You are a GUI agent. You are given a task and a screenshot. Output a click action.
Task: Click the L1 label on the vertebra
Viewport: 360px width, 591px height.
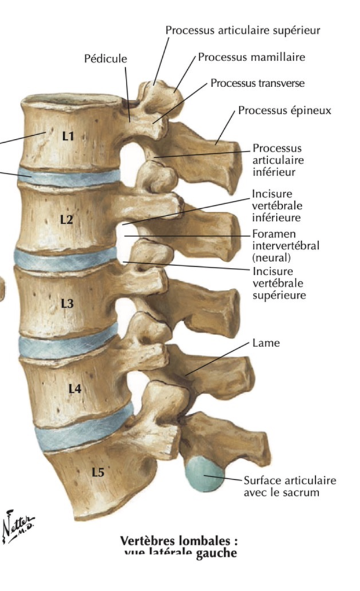click(68, 136)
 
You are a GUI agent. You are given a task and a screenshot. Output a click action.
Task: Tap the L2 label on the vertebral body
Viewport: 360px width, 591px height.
click(66, 220)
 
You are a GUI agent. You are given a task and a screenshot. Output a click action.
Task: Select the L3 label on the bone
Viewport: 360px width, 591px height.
click(67, 303)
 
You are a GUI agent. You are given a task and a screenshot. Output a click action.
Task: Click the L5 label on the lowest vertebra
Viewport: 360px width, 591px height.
click(98, 472)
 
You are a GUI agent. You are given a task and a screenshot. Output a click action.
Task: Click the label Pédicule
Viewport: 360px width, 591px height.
click(106, 58)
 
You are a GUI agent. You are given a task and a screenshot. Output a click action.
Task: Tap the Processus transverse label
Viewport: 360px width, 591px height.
click(258, 83)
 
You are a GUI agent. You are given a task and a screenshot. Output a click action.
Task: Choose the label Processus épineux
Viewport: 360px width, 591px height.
click(285, 111)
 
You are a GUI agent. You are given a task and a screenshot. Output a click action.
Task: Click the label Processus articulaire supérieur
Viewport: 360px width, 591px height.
click(243, 30)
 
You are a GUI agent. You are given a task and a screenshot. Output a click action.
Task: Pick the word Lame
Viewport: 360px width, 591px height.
click(266, 343)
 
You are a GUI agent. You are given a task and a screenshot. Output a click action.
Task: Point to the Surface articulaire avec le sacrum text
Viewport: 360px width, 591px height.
click(290, 486)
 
